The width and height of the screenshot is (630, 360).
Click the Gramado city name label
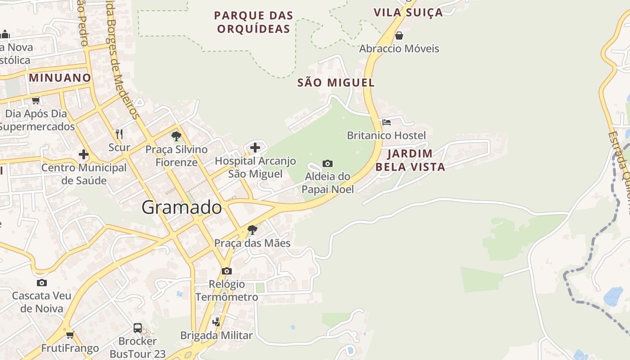click(182, 207)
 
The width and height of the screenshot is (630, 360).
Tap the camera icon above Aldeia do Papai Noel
click(328, 163)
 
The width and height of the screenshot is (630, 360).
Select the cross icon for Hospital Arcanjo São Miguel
click(255, 147)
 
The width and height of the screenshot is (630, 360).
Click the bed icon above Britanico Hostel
click(386, 122)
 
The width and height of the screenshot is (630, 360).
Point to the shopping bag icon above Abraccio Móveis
click(399, 36)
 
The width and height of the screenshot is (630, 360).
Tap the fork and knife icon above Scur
click(119, 134)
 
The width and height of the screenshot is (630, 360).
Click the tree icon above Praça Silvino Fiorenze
click(176, 136)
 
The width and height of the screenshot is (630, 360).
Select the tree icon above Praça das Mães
click(252, 230)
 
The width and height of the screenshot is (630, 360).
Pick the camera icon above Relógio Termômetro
click(227, 271)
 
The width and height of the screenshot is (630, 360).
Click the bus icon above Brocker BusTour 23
click(138, 328)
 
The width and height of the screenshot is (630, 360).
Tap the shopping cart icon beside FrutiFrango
click(70, 335)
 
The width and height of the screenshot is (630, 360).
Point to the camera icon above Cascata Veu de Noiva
click(42, 283)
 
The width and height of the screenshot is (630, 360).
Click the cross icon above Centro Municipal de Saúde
click(84, 154)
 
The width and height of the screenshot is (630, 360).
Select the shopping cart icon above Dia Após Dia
click(36, 100)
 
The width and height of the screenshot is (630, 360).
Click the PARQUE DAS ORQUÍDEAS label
click(253, 22)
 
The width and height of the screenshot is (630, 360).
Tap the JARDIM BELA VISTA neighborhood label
click(410, 160)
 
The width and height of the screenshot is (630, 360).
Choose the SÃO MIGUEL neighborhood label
click(336, 83)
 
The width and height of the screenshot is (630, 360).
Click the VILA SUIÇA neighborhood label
click(408, 13)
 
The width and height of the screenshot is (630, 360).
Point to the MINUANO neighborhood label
click(60, 78)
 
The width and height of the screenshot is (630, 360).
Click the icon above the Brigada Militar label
click(216, 322)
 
